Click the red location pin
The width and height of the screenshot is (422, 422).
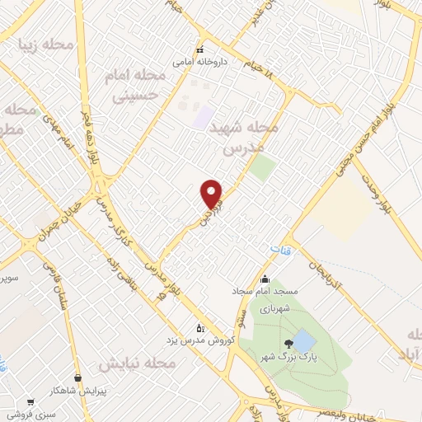[x=212, y=193]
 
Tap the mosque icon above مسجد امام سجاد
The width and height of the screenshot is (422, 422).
[x=265, y=278]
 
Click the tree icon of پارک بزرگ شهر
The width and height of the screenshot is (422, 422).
[x=288, y=344]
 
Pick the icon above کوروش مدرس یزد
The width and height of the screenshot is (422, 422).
[x=198, y=327]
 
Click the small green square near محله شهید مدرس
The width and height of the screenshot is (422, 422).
[x=263, y=168]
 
